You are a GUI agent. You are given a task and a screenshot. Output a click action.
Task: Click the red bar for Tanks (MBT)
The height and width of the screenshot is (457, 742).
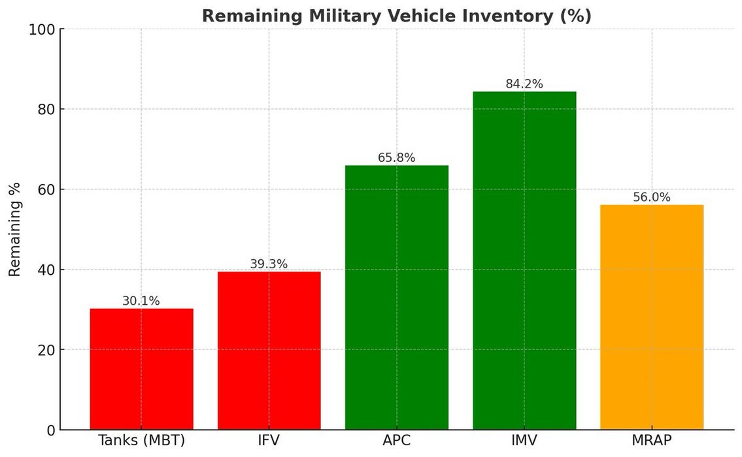tap(141, 369)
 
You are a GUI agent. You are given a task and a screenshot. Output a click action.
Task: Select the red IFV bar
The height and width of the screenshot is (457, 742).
tap(269, 351)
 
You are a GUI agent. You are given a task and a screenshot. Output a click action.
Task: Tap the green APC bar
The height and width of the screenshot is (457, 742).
tap(396, 298)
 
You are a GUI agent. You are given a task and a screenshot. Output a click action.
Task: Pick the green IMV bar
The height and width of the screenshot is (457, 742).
tap(524, 260)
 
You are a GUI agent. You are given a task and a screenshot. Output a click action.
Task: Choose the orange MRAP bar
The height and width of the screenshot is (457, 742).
tap(652, 317)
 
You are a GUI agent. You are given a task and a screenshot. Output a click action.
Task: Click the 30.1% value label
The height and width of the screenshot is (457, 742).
tap(141, 301)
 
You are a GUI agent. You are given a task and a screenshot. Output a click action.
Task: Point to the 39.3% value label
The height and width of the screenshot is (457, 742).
tap(269, 264)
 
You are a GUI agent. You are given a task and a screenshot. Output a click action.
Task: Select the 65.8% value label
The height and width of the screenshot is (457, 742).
tap(396, 158)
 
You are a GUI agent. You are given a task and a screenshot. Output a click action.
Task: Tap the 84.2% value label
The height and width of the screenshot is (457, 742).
tap(524, 84)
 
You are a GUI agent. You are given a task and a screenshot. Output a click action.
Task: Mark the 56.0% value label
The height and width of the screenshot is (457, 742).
tap(652, 197)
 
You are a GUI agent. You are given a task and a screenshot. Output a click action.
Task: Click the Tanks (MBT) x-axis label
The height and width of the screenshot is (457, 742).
tap(141, 441)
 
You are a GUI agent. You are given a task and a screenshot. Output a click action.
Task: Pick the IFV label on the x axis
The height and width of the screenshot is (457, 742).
tap(269, 441)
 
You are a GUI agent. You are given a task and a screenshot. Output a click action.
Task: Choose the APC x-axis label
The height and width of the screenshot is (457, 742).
tap(396, 441)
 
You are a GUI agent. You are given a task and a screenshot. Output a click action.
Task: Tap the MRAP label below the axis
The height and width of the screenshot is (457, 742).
tap(652, 441)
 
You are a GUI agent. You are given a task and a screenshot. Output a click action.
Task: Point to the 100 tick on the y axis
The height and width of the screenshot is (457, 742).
tap(41, 29)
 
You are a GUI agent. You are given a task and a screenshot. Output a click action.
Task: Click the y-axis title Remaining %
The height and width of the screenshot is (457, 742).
tap(15, 229)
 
